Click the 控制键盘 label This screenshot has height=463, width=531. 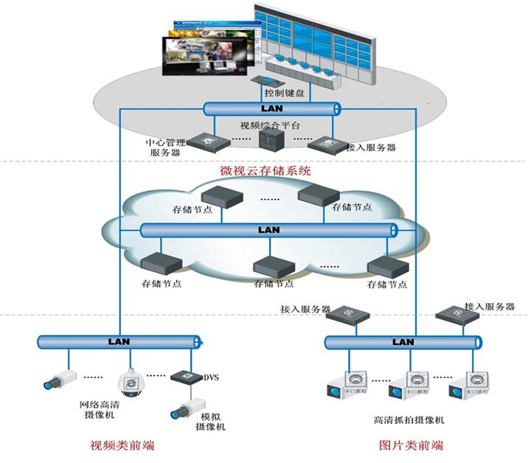point(286,94)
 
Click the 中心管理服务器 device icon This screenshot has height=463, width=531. point(204,140)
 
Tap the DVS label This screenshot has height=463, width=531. point(211,377)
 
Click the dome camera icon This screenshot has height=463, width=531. point(133,381)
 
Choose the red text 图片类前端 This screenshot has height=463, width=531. point(411,445)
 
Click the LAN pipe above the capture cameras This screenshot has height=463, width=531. point(403,342)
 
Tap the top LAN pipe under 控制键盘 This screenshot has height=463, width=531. point(271,108)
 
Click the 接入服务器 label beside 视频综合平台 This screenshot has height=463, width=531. point(371,147)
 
